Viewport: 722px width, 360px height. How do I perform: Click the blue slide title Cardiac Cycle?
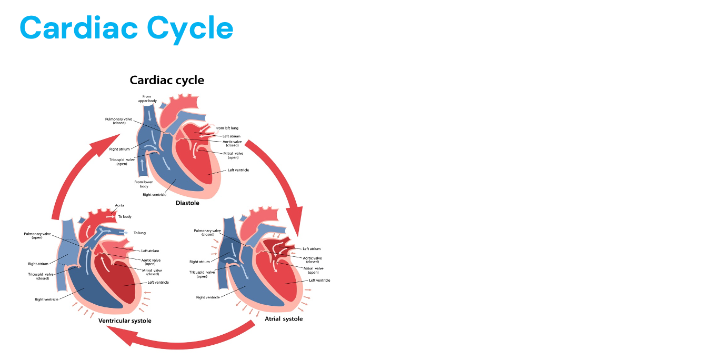click(126, 28)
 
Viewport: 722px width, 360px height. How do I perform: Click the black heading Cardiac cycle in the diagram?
click(167, 80)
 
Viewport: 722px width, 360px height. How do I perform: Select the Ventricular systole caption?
click(125, 321)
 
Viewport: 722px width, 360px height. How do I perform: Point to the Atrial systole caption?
click(284, 318)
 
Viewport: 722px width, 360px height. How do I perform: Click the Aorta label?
click(119, 205)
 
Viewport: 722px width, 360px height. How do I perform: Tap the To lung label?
click(139, 233)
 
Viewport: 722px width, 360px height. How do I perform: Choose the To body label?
click(125, 216)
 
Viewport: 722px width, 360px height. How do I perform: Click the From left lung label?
click(227, 128)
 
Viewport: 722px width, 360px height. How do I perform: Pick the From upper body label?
click(147, 98)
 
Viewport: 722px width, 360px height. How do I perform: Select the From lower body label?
click(144, 184)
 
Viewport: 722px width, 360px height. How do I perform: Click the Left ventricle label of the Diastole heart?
click(238, 170)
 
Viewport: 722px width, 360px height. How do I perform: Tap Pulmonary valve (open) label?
click(37, 235)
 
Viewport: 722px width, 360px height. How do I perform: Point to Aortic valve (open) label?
click(151, 262)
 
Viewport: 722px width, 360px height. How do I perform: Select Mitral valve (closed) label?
click(152, 272)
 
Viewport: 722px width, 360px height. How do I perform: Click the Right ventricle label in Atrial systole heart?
click(208, 297)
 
